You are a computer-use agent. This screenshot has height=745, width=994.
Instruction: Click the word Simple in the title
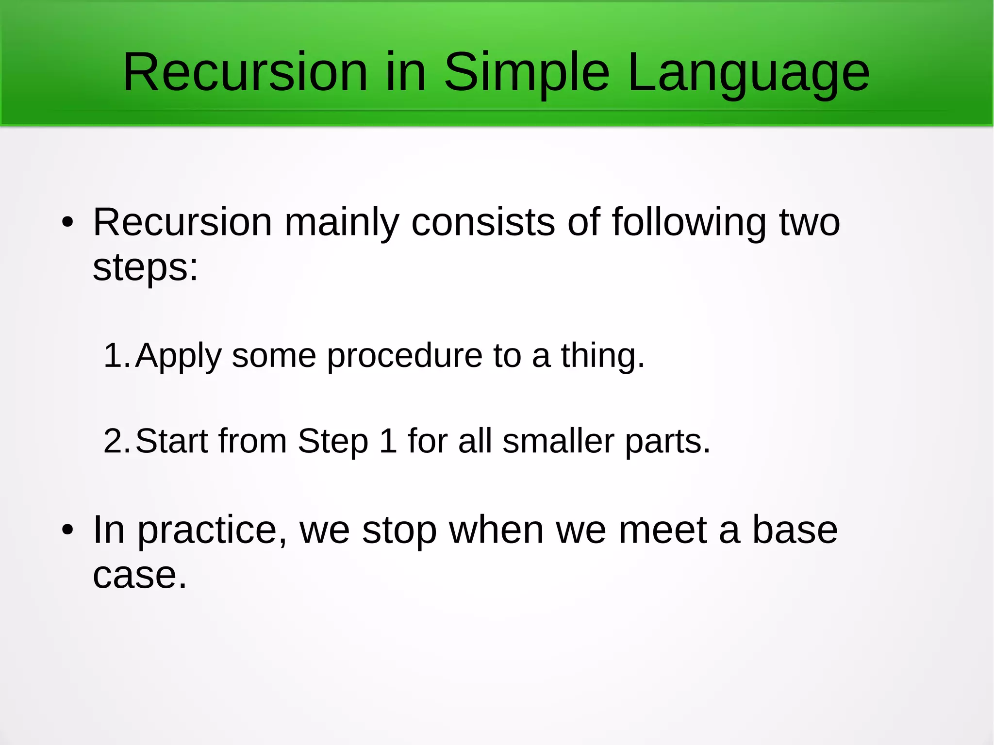[527, 73]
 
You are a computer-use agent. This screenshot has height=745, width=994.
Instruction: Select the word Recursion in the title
[245, 73]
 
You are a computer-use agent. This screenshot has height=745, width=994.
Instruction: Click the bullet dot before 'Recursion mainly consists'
[67, 223]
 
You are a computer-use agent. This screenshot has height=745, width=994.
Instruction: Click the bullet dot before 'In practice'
[67, 530]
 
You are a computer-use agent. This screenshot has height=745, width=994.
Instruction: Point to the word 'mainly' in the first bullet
[341, 223]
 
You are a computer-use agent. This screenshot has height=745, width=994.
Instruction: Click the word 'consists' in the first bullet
[483, 223]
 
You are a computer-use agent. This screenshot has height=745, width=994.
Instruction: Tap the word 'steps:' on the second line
[145, 268]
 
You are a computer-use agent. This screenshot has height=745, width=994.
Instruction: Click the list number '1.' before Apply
[116, 356]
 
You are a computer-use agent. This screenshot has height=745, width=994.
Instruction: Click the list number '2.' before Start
[116, 441]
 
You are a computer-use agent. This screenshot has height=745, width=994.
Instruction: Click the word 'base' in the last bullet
[795, 530]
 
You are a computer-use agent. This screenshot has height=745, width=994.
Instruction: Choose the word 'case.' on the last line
[140, 576]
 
